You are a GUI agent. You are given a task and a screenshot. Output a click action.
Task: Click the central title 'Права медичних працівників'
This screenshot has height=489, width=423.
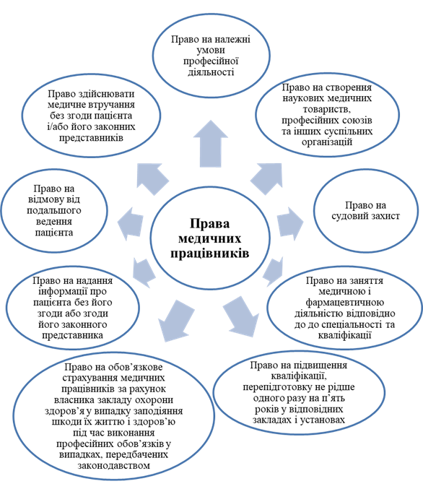tap(210, 238)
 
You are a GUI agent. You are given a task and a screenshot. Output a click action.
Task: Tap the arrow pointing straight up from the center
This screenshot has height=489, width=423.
tap(210, 144)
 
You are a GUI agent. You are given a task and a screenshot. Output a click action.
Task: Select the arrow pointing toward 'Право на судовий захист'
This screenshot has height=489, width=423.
tap(290, 222)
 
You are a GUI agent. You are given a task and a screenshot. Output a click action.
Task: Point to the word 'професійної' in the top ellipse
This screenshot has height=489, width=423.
tap(211, 61)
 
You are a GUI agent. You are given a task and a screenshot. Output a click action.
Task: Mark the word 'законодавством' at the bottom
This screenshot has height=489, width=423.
tap(114, 466)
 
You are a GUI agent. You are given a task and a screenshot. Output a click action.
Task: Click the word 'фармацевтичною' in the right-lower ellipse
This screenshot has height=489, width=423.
tap(344, 303)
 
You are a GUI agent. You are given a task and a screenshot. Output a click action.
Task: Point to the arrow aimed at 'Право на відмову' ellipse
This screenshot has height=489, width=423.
tap(131, 224)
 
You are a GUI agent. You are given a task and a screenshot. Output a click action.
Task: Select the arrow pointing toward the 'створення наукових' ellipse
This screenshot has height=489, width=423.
tap(267, 178)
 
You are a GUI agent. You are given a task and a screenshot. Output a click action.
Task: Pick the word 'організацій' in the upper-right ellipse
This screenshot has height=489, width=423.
tap(327, 142)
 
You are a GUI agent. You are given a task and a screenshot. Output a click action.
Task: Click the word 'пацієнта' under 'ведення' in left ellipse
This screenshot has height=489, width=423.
tap(54, 233)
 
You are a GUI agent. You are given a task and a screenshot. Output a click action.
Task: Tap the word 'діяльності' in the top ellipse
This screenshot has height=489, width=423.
tap(211, 72)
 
